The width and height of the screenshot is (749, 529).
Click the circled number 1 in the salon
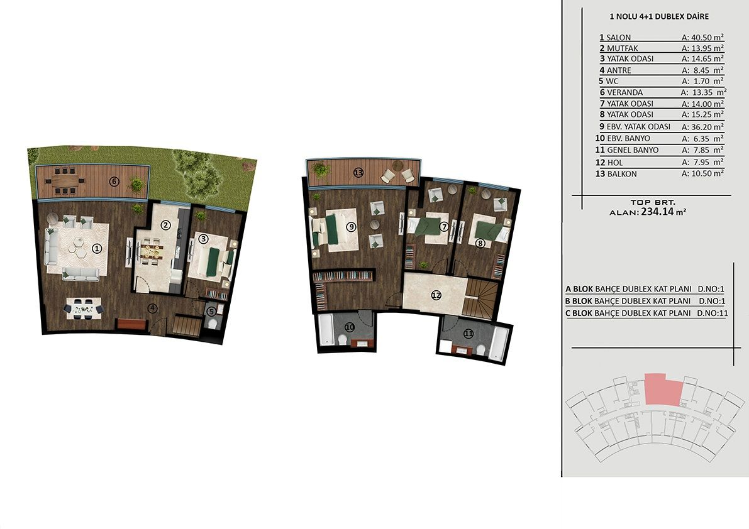(97, 248)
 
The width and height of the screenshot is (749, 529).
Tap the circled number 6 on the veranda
(114, 182)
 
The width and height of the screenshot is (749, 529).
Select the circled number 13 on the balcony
(358, 173)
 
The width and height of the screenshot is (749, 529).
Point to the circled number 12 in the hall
(436, 296)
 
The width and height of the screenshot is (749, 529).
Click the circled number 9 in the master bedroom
(352, 227)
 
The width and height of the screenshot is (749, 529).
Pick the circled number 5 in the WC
(211, 312)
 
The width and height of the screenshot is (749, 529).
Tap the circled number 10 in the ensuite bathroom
(350, 327)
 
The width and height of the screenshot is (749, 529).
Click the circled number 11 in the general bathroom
(468, 334)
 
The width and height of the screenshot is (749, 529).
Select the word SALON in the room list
(619, 37)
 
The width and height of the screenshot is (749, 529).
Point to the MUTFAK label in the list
(623, 48)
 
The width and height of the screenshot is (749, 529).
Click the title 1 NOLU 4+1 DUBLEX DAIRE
(659, 16)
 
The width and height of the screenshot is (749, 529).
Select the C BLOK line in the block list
(646, 314)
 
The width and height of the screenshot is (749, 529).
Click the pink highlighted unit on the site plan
(663, 390)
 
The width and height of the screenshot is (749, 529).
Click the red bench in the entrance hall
(131, 324)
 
